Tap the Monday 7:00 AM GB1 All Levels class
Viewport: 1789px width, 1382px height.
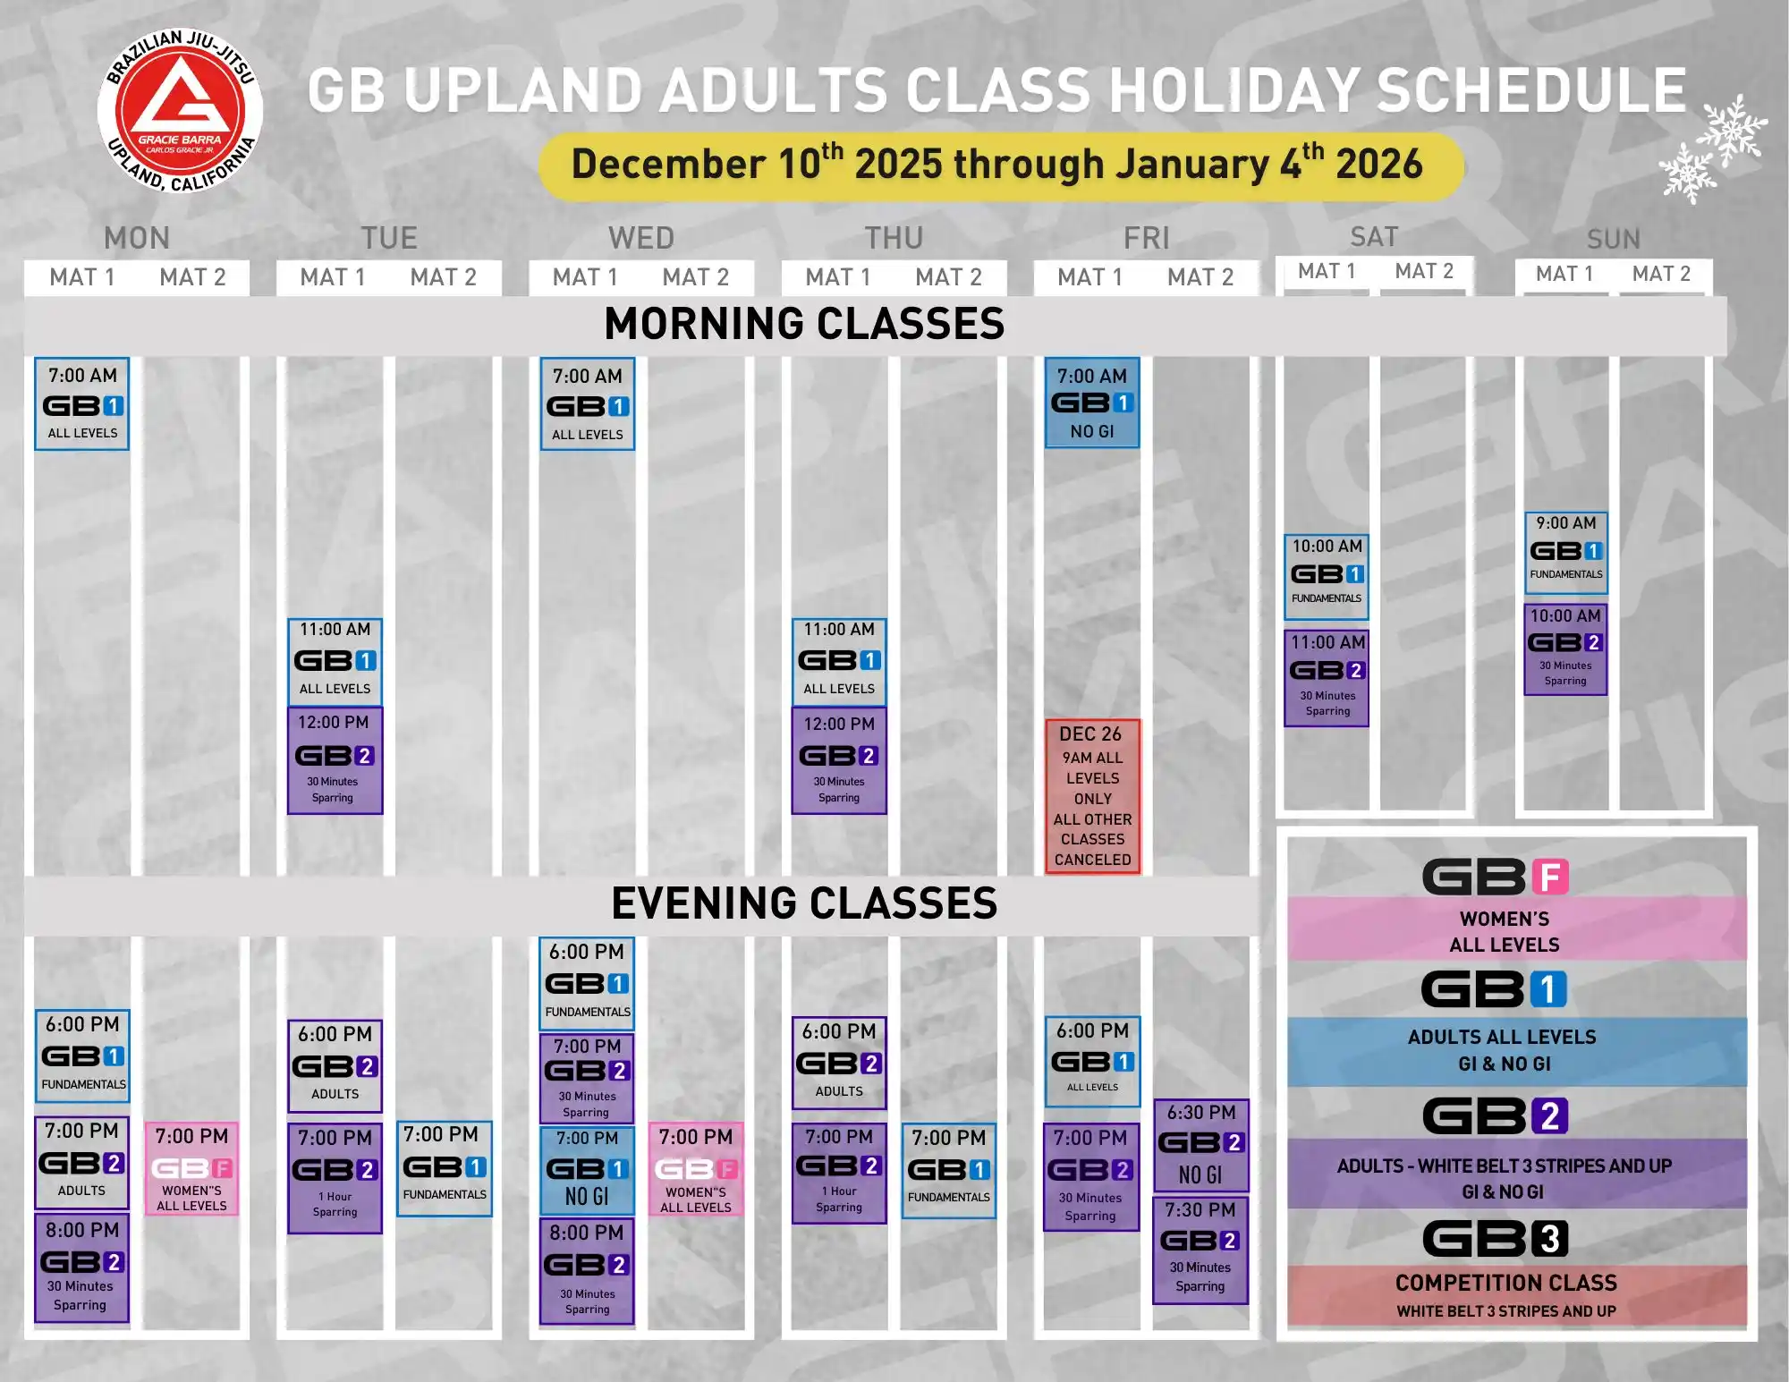pos(82,404)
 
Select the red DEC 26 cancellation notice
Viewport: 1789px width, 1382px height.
pos(1092,796)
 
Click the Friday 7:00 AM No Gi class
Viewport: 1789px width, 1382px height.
pos(1092,403)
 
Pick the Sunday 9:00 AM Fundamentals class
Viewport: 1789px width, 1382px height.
pos(1566,553)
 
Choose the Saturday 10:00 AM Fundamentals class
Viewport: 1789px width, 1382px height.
pos(1327,577)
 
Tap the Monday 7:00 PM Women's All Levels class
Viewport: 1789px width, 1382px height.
pos(191,1169)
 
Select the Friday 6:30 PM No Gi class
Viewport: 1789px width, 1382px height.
pos(1200,1146)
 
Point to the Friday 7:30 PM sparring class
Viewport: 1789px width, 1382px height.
pos(1200,1250)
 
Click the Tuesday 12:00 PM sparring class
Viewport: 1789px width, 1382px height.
pos(335,760)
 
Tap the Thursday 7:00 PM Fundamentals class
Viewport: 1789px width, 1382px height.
pos(949,1171)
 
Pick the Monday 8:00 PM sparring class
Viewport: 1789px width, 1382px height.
pos(81,1268)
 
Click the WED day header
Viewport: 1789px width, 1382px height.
pos(641,238)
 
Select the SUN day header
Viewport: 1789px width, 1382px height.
pos(1614,239)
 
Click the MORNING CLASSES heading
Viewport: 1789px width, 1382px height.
pos(804,324)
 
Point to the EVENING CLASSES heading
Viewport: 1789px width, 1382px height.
pos(804,903)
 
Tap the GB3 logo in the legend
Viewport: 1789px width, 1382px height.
pos(1496,1239)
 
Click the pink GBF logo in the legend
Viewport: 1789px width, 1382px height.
pos(1496,877)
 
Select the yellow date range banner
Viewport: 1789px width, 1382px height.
pos(1001,166)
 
